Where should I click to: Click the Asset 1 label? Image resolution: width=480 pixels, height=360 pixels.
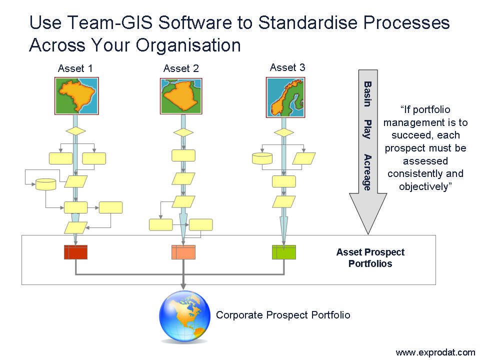coord(75,68)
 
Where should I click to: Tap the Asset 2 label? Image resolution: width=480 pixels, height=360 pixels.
coord(181,68)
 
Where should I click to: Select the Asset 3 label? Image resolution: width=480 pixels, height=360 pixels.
coord(287,67)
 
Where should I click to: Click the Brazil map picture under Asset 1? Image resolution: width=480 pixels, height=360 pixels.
coord(76,96)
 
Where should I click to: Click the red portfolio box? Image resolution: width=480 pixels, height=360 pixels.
coord(75,252)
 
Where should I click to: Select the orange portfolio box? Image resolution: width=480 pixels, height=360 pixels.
coord(183,252)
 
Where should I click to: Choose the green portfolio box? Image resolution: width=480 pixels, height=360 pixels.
coord(284,252)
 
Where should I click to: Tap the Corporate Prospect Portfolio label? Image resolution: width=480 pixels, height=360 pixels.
coord(283,315)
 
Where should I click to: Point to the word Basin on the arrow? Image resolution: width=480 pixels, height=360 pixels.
coord(367,93)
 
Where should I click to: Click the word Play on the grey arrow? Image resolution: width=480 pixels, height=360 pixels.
coord(367,129)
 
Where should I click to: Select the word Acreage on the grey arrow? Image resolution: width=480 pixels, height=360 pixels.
coord(367,172)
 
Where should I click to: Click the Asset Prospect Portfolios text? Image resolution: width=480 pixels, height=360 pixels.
coord(370,258)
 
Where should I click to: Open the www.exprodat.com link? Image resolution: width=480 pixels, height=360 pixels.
coord(435,352)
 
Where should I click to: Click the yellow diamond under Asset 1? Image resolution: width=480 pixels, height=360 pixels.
coord(75,131)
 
